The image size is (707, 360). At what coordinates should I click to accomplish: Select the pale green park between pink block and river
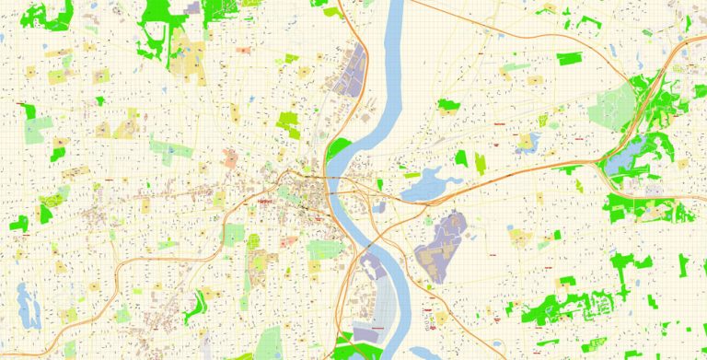click(324, 250)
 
